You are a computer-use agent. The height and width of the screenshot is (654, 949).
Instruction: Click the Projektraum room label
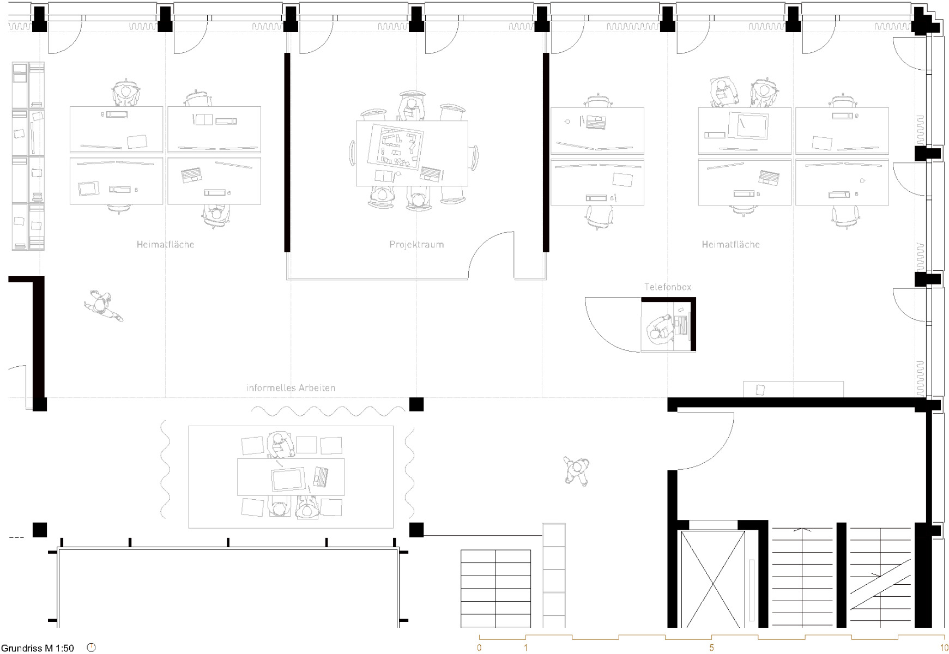tap(416, 245)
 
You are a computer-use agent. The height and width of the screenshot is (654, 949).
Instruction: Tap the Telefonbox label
tap(668, 287)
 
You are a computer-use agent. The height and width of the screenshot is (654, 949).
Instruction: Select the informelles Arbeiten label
tap(291, 388)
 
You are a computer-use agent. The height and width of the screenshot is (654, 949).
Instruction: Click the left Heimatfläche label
tap(165, 245)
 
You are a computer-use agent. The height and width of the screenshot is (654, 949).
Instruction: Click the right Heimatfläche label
tap(730, 245)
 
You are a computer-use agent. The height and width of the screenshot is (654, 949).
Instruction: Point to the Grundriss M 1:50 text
tap(38, 648)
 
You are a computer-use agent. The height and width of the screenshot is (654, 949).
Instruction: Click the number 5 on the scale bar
tap(711, 648)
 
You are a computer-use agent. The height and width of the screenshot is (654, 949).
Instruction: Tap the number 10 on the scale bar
tap(944, 648)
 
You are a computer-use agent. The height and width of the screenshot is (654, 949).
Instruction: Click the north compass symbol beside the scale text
tap(91, 647)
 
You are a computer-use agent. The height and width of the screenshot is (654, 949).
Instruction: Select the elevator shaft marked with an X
tap(713, 580)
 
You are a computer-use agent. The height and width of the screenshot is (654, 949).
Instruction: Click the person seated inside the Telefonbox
tap(660, 329)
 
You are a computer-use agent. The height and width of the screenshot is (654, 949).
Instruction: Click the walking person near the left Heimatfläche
tap(102, 306)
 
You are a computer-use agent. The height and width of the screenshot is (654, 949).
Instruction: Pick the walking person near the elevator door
tap(577, 471)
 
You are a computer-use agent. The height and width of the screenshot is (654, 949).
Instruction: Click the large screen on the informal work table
tap(287, 480)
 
